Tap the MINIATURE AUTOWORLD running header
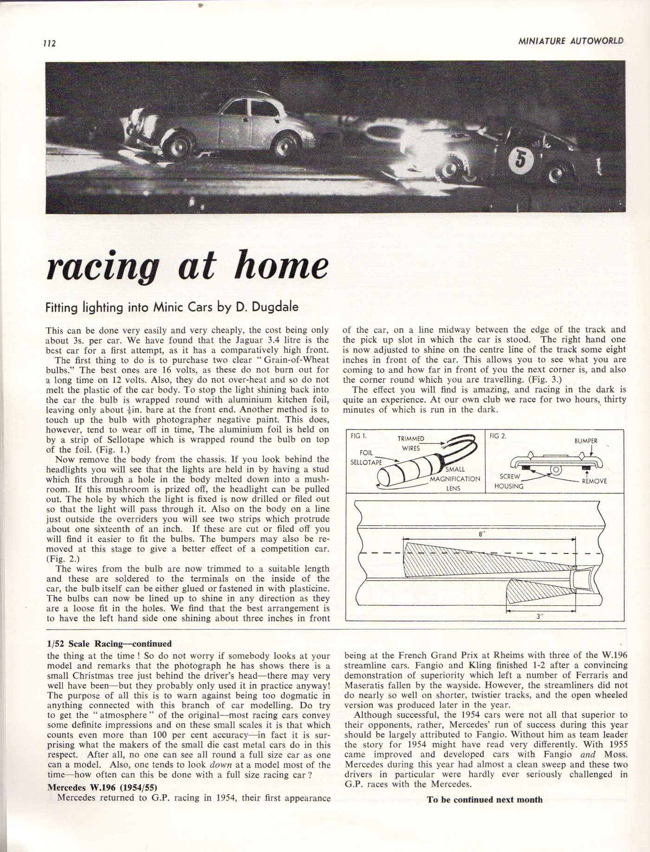pos(571,41)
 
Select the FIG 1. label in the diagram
pos(357,436)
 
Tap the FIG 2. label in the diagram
pos(498,436)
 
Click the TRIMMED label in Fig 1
pos(411,438)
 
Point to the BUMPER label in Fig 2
pos(586,441)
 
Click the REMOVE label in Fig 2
pos(594,481)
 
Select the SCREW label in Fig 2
pos(509,476)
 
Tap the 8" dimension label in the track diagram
pos(481,535)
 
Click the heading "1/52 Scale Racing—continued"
pos(109,644)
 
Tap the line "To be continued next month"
pos(484,799)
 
